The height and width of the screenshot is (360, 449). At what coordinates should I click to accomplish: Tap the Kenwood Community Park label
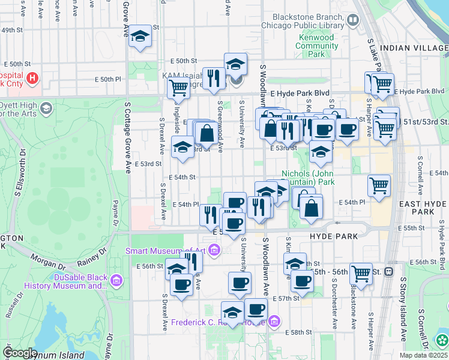(x=316, y=46)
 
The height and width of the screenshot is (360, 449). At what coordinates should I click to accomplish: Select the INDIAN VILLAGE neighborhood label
(x=414, y=48)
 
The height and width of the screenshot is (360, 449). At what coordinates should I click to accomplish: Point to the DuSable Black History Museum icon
(x=116, y=280)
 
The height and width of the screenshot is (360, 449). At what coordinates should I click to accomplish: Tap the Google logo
(x=19, y=353)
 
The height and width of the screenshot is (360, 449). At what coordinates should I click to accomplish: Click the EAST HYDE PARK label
(x=423, y=208)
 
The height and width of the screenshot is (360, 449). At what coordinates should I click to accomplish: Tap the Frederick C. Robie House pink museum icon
(x=274, y=322)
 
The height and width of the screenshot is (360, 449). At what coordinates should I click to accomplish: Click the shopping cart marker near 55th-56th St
(x=361, y=273)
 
